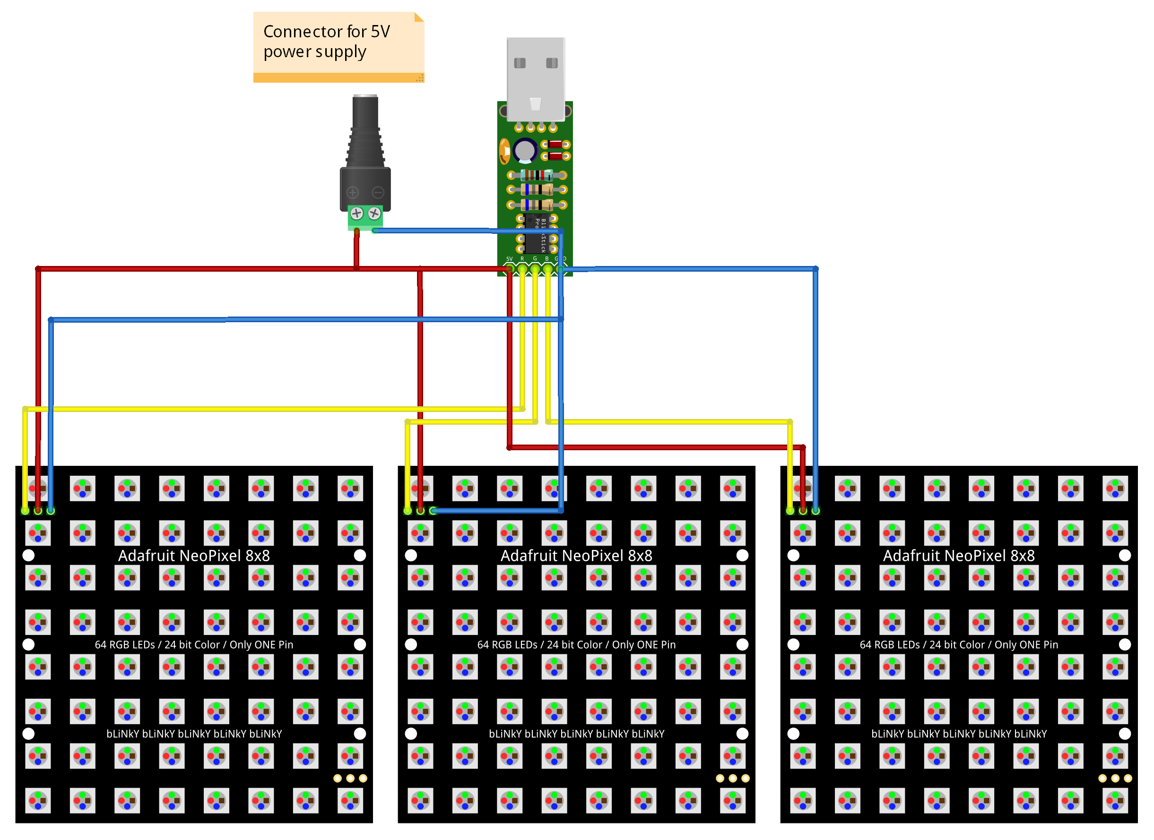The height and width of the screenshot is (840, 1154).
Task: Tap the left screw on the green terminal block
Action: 356,213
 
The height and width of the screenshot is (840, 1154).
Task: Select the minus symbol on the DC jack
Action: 378,192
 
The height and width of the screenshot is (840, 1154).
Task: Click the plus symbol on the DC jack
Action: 353,192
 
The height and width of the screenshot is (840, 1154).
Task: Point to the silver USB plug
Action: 535,76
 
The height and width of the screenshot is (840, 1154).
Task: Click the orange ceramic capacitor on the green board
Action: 504,151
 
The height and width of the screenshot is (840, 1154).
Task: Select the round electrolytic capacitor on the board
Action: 524,151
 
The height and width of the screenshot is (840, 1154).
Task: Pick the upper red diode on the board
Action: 555,145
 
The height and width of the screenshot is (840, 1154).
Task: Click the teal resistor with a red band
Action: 536,175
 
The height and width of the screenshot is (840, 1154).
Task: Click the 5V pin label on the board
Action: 509,259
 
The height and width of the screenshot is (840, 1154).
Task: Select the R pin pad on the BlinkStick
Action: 522,268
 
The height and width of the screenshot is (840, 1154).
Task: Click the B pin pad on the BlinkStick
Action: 547,268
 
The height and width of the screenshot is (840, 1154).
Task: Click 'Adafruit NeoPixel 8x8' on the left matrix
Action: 194,555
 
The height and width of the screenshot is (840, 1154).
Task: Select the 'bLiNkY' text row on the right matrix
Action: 959,733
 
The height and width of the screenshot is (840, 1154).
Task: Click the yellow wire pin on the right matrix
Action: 790,511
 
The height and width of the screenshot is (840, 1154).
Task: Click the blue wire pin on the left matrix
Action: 51,511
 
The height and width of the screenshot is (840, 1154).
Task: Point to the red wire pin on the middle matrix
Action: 420,511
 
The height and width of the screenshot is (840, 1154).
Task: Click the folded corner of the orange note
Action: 419,17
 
